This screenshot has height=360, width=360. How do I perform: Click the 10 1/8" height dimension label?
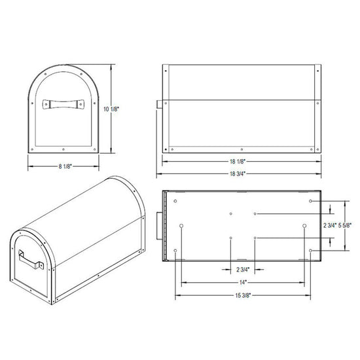tap(111, 109)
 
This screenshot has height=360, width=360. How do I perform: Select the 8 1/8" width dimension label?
tap(65, 166)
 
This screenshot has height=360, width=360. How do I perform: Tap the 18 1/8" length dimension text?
tap(238, 162)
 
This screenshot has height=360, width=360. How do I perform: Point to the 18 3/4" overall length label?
tap(238, 174)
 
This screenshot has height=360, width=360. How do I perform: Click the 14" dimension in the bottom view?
tap(243, 282)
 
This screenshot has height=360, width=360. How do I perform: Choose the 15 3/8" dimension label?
tap(243, 295)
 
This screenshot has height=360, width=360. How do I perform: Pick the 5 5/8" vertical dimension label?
tap(345, 225)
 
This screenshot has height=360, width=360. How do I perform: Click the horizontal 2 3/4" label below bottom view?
tap(243, 269)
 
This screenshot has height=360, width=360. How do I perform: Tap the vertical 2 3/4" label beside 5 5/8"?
tap(330, 225)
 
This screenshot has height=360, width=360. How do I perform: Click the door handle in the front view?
tap(63, 104)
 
